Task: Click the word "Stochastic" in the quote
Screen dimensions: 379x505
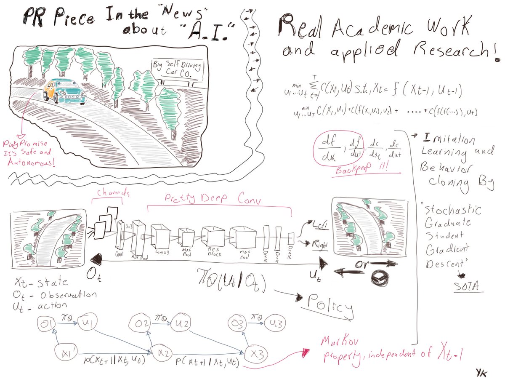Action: [451, 210]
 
